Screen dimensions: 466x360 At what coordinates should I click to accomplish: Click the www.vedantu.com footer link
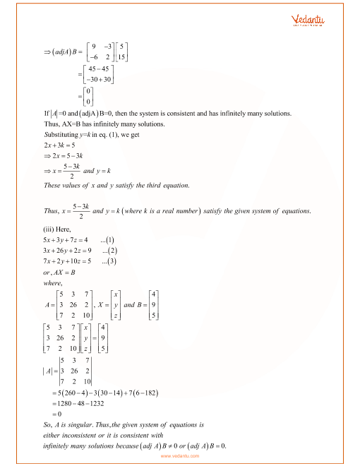pyautogui.click(x=180, y=455)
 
